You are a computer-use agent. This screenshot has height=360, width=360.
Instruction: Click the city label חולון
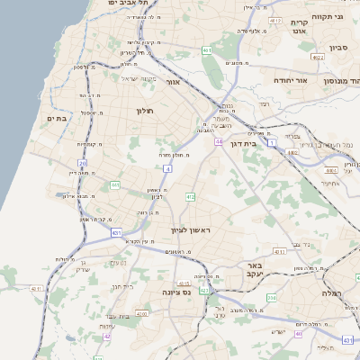click(x=145, y=111)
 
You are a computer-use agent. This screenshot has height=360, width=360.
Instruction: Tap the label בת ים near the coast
click(x=57, y=117)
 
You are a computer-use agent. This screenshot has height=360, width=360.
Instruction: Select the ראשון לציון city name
click(x=190, y=230)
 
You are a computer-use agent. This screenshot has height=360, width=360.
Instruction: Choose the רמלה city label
click(x=336, y=293)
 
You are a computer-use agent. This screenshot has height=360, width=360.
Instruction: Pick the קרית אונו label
click(x=300, y=26)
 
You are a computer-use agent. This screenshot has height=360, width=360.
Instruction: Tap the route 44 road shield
click(x=219, y=141)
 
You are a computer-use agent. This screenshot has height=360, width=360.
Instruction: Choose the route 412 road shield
click(x=190, y=196)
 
